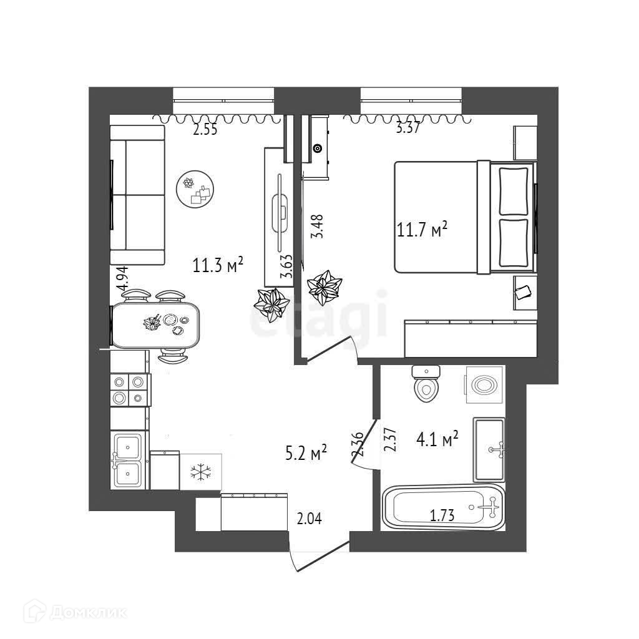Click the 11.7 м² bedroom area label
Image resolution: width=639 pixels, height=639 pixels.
(x=422, y=230)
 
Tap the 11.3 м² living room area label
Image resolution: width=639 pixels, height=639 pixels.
(x=218, y=265)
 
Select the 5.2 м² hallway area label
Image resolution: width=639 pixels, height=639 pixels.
(x=306, y=453)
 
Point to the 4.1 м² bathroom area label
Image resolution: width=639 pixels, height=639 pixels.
(x=437, y=440)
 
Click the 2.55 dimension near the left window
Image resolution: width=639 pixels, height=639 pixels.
(x=205, y=130)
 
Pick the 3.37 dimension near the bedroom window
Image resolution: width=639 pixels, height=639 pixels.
(x=407, y=130)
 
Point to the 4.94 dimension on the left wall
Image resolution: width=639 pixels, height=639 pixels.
(x=123, y=278)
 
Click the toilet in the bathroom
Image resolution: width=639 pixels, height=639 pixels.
(x=427, y=384)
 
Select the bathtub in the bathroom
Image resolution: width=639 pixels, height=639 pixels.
(x=442, y=508)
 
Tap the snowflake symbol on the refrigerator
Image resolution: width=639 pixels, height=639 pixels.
(x=200, y=472)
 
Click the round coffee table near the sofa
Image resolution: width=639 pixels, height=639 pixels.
(x=195, y=189)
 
